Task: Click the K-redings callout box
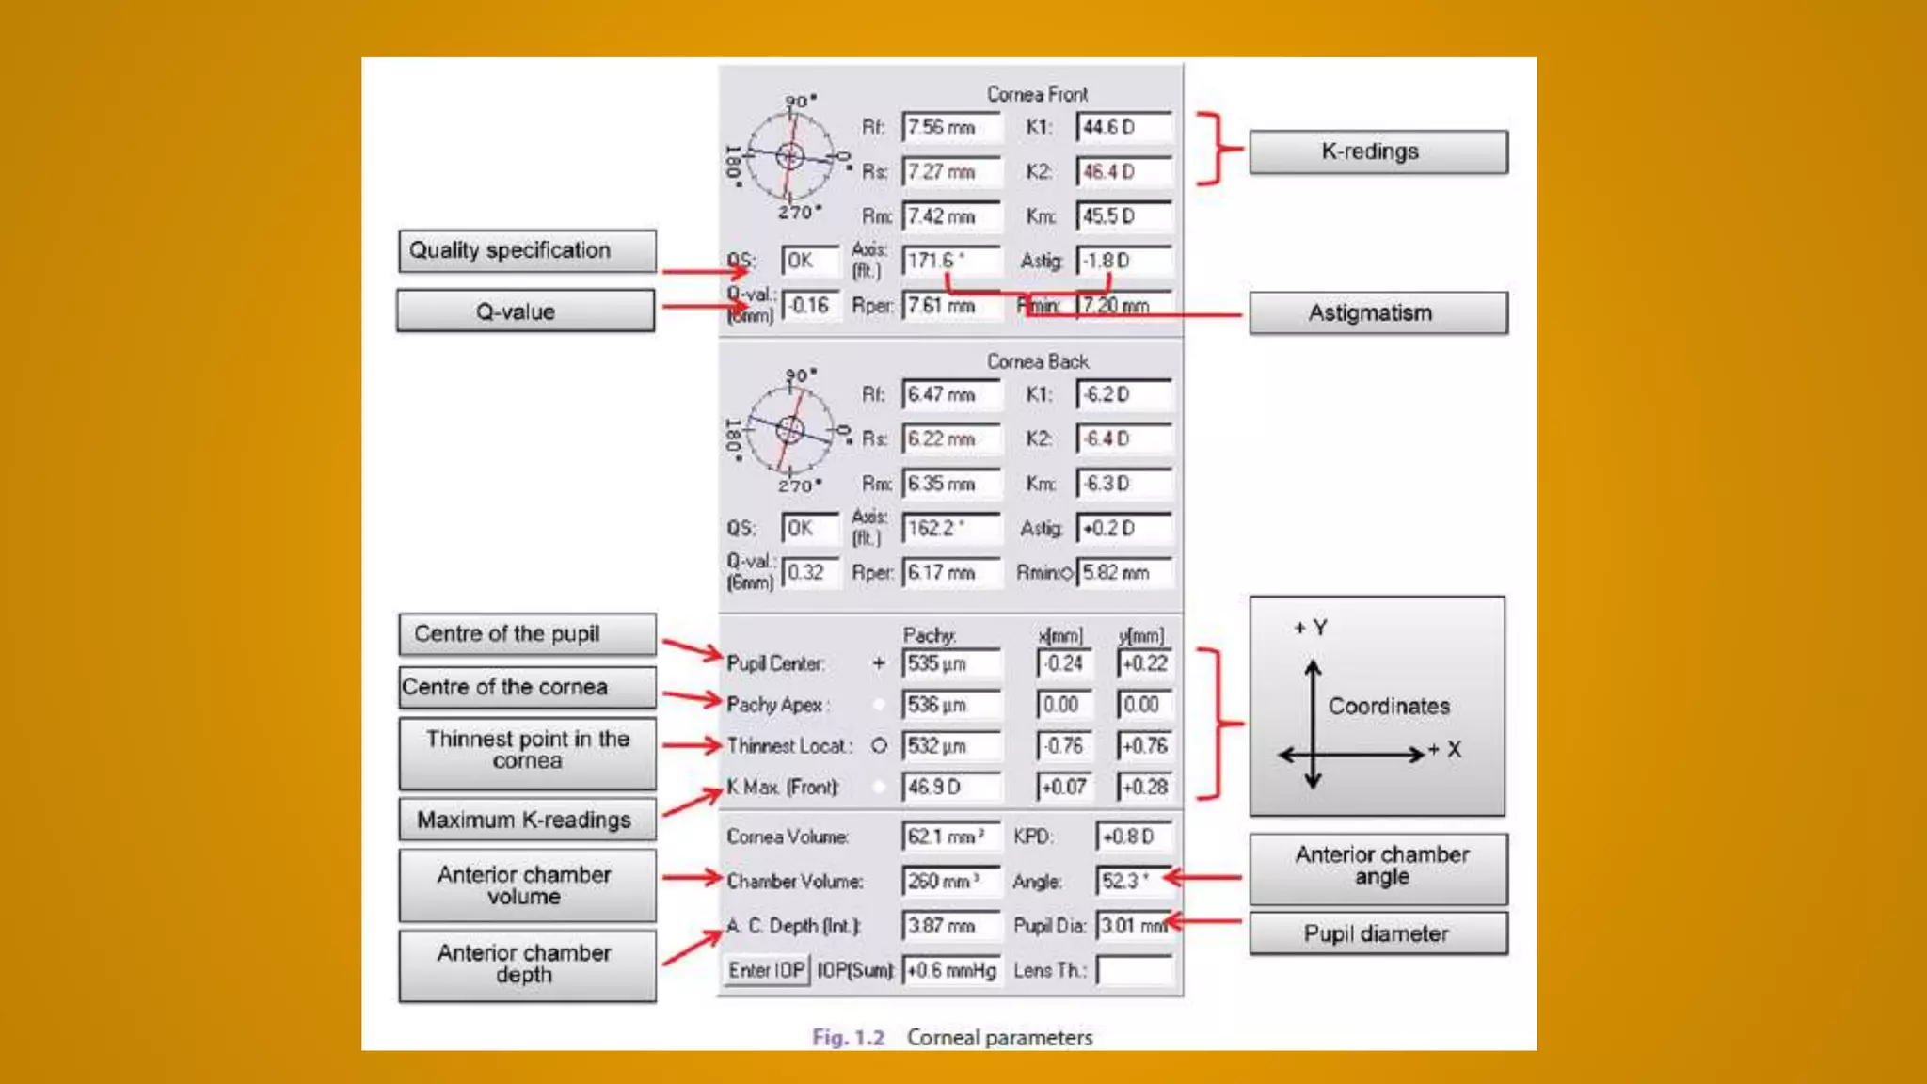(x=1378, y=152)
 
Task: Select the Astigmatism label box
(x=1378, y=313)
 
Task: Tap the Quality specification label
(x=527, y=251)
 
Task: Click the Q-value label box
(x=525, y=311)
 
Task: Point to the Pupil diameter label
(x=1378, y=934)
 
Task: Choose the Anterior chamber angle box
(x=1378, y=867)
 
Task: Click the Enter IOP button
(x=767, y=970)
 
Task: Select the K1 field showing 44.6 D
(x=1123, y=127)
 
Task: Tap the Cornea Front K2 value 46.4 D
(x=1123, y=172)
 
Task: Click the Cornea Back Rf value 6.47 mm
(x=950, y=394)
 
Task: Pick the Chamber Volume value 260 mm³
(x=950, y=882)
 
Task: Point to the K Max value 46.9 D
(x=950, y=787)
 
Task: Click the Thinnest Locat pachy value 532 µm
(x=950, y=746)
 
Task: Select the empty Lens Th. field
(x=1135, y=970)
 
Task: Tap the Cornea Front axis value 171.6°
(x=950, y=261)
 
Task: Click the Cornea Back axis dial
(x=790, y=431)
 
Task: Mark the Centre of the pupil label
(x=527, y=634)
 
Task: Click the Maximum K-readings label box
(x=527, y=820)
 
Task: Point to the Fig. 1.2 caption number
(x=849, y=1038)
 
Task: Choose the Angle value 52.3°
(x=1132, y=882)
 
